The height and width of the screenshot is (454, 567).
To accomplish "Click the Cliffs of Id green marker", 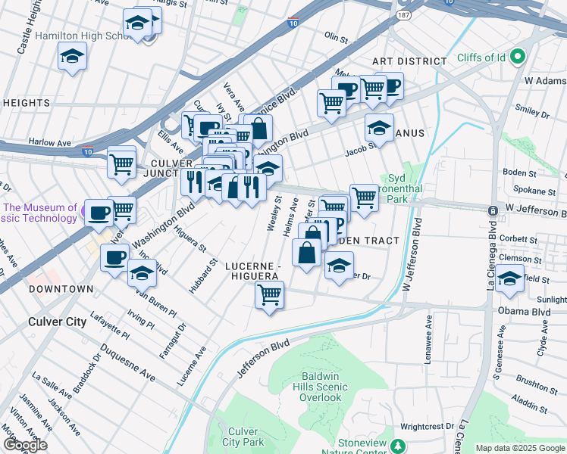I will (x=518, y=57).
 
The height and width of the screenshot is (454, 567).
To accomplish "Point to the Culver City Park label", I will (x=243, y=437).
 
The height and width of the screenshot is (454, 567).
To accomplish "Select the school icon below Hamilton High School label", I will (x=72, y=57).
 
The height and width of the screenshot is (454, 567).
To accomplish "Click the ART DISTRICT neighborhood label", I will (x=409, y=61).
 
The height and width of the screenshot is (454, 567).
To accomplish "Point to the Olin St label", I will (x=335, y=36).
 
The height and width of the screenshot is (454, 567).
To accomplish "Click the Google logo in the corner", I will (x=24, y=445).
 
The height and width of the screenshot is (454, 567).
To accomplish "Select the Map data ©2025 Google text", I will (x=519, y=448).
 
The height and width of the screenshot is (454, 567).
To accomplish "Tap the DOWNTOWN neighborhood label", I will (x=61, y=289).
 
